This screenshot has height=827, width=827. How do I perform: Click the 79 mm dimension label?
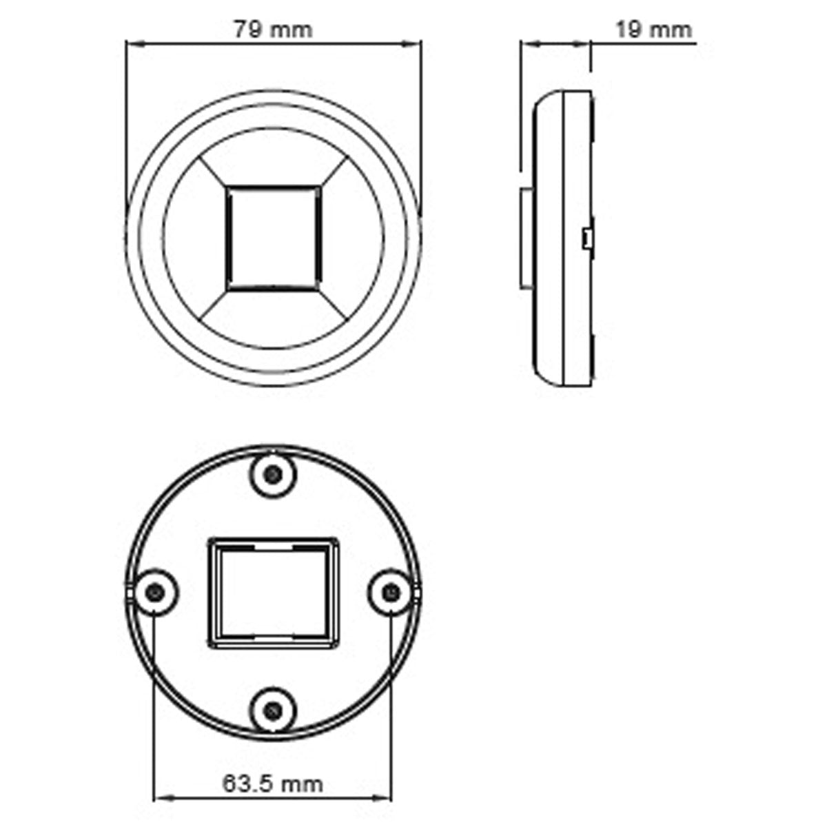point(272,30)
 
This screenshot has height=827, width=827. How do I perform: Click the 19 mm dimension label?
point(651,30)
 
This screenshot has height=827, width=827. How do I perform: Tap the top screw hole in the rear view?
point(274,474)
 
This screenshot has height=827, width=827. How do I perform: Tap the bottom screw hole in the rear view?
point(274,708)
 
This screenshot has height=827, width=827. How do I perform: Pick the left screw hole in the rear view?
point(155,591)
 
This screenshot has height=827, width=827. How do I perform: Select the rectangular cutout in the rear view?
point(274,593)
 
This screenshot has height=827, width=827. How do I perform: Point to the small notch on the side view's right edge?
point(586,238)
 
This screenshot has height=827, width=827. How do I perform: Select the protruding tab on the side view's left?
point(524,238)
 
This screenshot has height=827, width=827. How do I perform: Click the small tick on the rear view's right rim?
point(419,591)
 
